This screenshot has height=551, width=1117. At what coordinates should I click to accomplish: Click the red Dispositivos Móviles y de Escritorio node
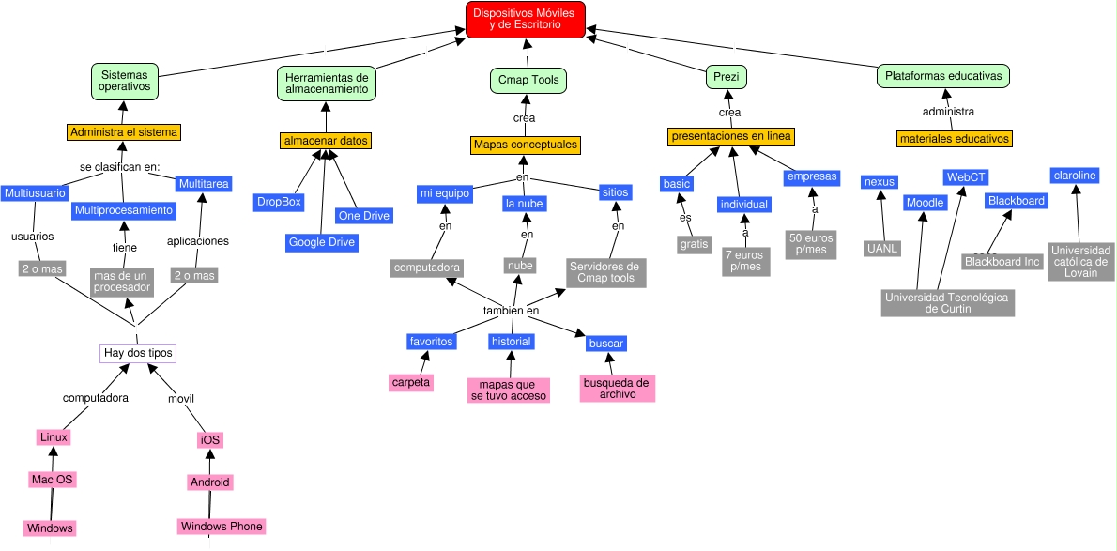(x=526, y=20)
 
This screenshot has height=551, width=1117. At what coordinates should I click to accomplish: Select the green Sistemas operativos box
(x=125, y=80)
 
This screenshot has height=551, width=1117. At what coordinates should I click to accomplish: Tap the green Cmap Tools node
(x=528, y=80)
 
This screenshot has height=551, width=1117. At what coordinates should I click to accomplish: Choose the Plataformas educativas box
(x=942, y=75)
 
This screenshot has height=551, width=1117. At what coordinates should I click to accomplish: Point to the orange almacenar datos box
(x=326, y=141)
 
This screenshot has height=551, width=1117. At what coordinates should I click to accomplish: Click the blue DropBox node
(x=278, y=202)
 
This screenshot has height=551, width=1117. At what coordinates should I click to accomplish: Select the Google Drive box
(x=322, y=242)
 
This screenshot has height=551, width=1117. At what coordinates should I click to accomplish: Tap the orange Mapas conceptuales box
(x=525, y=145)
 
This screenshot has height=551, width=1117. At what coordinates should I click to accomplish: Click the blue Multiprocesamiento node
(x=124, y=210)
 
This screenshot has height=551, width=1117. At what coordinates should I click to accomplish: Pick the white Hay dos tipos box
(x=138, y=353)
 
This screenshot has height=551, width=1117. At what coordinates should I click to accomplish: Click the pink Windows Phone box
(x=222, y=526)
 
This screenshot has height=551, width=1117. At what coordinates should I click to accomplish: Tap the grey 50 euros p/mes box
(x=811, y=244)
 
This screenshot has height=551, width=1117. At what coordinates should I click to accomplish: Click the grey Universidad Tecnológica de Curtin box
(x=947, y=302)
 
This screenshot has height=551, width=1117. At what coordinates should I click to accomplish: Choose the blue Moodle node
(x=925, y=203)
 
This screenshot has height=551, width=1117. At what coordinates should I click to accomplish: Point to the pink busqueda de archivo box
(x=617, y=389)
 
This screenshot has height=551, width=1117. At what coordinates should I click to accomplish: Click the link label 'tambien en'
(x=511, y=311)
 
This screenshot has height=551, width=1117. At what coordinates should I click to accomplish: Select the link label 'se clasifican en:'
(x=119, y=168)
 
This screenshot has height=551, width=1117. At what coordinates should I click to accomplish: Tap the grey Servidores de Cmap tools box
(x=605, y=272)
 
